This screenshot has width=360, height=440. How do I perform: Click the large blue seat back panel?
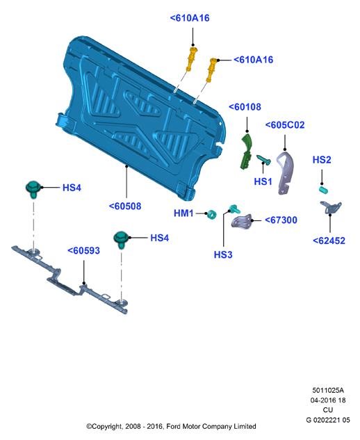point(140,118)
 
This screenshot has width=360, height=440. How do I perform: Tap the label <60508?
point(125,206)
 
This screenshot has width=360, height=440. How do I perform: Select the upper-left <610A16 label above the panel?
point(190,18)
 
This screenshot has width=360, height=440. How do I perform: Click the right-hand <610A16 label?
point(254,60)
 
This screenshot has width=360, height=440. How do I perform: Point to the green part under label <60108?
point(246,152)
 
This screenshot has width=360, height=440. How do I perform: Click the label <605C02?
point(285,125)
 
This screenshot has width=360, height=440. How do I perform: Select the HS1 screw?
point(264,160)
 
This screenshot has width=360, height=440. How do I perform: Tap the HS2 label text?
point(322,160)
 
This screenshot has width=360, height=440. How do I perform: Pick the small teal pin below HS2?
point(324,190)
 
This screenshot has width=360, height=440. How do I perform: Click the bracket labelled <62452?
point(331,208)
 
